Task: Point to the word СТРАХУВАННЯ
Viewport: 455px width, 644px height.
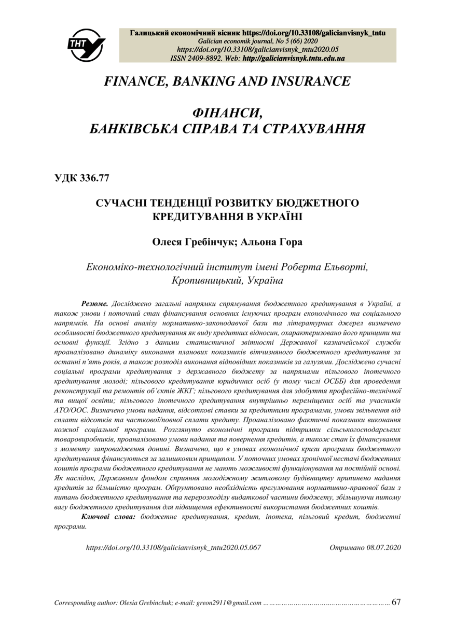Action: [x=311, y=129]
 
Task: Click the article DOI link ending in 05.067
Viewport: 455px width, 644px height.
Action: [x=173, y=547]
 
